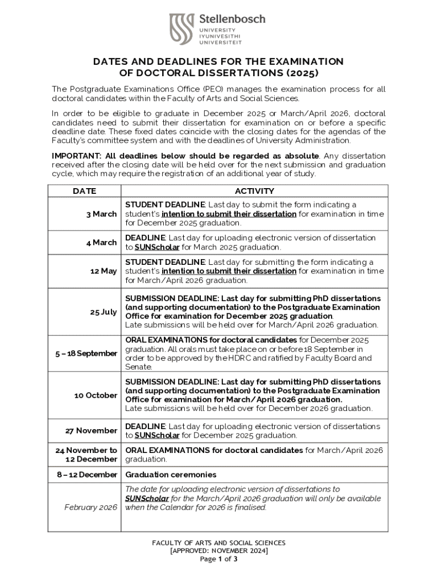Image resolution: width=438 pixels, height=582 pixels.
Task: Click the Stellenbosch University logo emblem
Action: click(182, 29)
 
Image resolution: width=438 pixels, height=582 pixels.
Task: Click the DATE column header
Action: click(84, 191)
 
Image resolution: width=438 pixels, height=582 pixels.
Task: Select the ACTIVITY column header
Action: click(254, 191)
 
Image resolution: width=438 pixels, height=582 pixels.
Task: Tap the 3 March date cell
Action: click(101, 214)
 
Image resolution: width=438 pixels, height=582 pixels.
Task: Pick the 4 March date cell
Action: click(101, 243)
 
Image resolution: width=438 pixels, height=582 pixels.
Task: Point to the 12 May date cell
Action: click(103, 271)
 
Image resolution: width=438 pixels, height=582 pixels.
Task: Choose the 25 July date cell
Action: click(104, 312)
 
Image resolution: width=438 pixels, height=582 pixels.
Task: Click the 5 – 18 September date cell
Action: click(86, 354)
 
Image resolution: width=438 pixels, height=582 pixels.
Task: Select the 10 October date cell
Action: click(96, 395)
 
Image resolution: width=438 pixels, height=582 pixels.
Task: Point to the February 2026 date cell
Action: click(91, 507)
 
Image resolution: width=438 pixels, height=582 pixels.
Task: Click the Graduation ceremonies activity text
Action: click(171, 475)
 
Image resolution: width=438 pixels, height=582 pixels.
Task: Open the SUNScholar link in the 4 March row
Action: click(157, 247)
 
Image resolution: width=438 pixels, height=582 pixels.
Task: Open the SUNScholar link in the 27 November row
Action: click(157, 435)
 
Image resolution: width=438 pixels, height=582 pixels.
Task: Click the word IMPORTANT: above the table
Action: click(77, 156)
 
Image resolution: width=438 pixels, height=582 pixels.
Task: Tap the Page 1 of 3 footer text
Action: click(218, 559)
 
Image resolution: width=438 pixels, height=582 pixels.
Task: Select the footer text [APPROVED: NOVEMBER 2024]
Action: click(219, 551)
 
